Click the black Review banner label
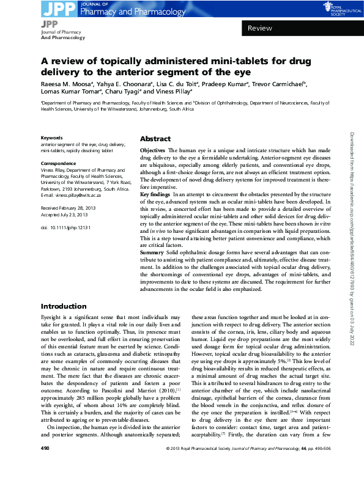pyautogui.click(x=259, y=28)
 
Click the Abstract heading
pyautogui.click(x=155, y=139)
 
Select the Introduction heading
pyautogui.click(x=63, y=306)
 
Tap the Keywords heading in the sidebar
pyautogui.click(x=51, y=138)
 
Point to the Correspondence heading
pyautogui.click(x=58, y=163)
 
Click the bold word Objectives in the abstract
pyautogui.click(x=152, y=150)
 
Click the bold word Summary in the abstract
pyautogui.click(x=152, y=269)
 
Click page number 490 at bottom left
pyautogui.click(x=45, y=467)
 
